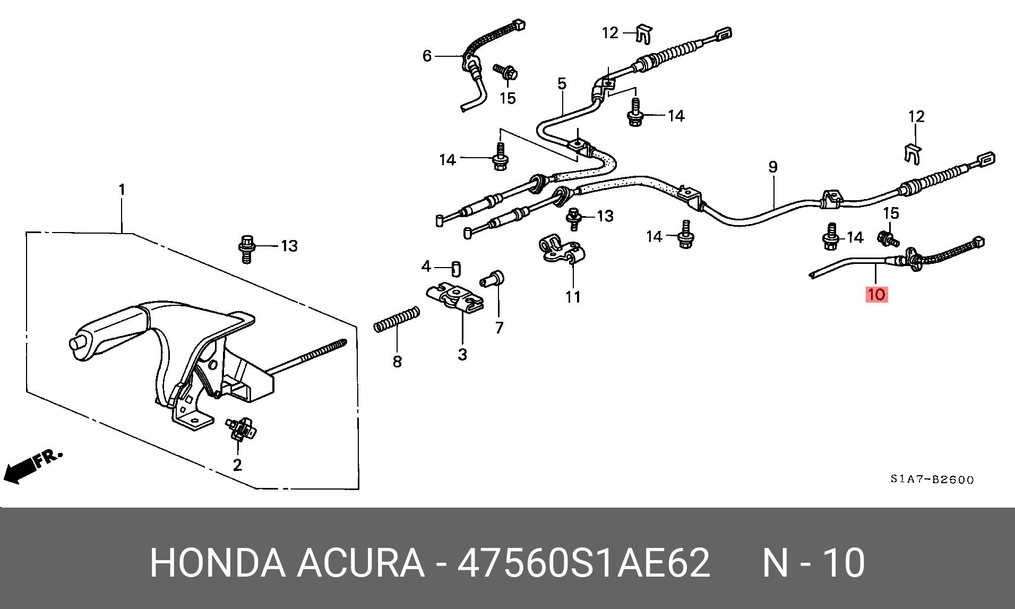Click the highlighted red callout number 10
pyautogui.click(x=876, y=294)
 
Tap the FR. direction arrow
pyautogui.click(x=32, y=466)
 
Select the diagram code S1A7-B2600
pyautogui.click(x=932, y=479)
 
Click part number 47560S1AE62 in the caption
pyautogui.click(x=583, y=563)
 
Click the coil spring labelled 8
pyautogui.click(x=397, y=320)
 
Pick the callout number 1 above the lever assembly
pyautogui.click(x=122, y=190)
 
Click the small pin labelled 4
pyautogui.click(x=455, y=268)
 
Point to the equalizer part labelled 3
pyautogui.click(x=458, y=300)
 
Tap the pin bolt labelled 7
pyautogui.click(x=493, y=280)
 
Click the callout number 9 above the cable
pyautogui.click(x=773, y=167)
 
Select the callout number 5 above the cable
pyautogui.click(x=562, y=83)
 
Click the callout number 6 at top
pyautogui.click(x=427, y=56)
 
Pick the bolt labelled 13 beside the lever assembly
pyautogui.click(x=246, y=248)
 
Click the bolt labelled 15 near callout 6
pyautogui.click(x=506, y=74)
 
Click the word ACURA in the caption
pyautogui.click(x=361, y=563)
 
